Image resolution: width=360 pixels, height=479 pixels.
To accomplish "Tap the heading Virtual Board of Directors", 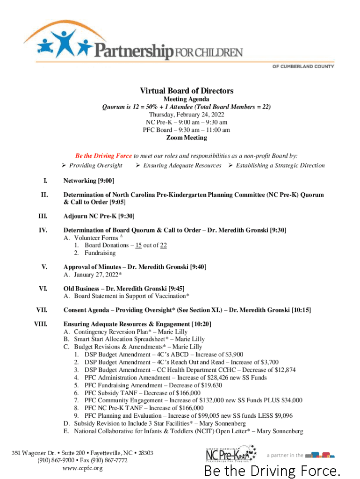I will [x=187, y=91].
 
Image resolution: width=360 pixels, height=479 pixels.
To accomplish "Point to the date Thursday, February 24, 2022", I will [x=186, y=115].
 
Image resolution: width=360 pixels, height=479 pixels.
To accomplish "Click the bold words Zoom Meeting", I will [x=187, y=138].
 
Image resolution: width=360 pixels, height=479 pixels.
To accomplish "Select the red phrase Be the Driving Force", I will [x=104, y=156].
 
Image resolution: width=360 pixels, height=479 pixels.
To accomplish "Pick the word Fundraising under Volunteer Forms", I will [x=100, y=253].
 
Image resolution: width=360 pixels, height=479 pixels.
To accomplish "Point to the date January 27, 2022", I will [x=96, y=275].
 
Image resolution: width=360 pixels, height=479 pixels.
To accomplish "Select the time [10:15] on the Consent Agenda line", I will [x=301, y=310].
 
